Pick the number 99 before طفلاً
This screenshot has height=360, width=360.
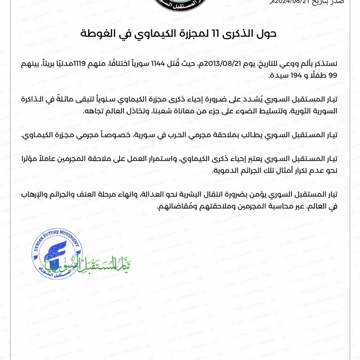[x=333, y=75]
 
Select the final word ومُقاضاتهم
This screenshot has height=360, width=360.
[x=172, y=207]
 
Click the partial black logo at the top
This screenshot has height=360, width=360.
[x=180, y=4]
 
